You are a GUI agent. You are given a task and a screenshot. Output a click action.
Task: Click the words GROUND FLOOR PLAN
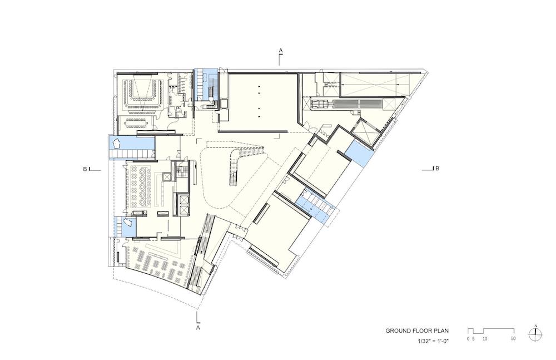(x=417, y=331)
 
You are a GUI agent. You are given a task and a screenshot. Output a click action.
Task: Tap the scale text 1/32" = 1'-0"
(x=433, y=341)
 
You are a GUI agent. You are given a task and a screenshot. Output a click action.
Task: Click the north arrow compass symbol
(x=535, y=334)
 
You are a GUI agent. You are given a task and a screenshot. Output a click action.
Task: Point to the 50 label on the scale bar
(x=513, y=339)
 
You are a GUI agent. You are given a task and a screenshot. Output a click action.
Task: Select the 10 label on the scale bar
(x=485, y=339)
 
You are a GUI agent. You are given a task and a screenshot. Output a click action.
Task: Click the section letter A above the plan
(x=280, y=51)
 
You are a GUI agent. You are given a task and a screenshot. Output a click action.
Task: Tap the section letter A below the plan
(x=198, y=328)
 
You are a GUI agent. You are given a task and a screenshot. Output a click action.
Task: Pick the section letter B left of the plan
(x=85, y=169)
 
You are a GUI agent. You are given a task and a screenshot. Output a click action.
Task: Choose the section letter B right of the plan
(x=437, y=168)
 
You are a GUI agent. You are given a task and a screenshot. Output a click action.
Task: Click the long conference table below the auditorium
(x=136, y=123)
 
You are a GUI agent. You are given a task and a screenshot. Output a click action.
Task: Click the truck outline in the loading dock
(x=322, y=104)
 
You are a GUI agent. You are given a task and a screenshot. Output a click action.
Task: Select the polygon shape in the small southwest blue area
(x=127, y=223)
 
